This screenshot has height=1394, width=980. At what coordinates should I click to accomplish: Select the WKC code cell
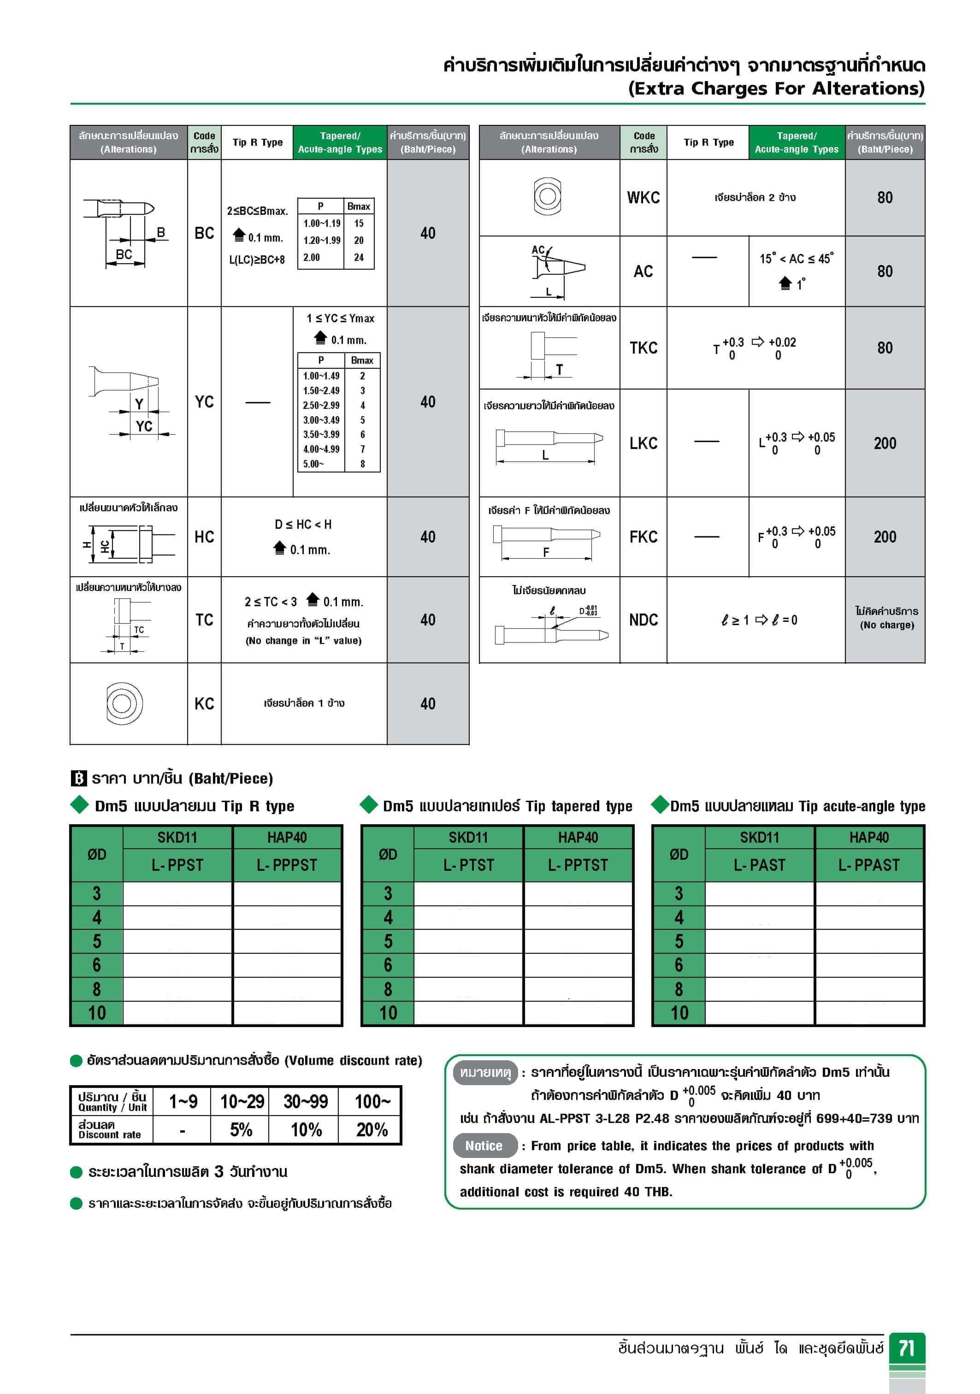tap(643, 197)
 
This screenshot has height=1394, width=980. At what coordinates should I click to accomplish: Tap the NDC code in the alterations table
tap(643, 620)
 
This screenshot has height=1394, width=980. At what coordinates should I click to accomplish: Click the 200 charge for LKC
tap(885, 443)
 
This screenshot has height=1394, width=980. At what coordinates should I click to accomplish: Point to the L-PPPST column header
tap(287, 865)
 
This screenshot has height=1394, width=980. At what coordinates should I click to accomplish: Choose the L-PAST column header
tap(759, 865)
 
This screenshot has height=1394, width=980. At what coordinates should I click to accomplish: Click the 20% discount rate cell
tap(372, 1130)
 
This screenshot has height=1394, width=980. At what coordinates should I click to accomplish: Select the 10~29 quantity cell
tap(242, 1101)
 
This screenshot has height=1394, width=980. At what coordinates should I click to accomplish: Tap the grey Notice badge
tap(484, 1146)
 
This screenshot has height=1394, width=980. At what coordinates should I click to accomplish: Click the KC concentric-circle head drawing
tap(124, 703)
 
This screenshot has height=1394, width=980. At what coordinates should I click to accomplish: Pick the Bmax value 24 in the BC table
tap(359, 257)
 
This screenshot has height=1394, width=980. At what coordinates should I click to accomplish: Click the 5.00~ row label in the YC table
tap(314, 464)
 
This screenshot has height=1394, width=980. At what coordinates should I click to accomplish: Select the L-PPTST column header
tap(578, 865)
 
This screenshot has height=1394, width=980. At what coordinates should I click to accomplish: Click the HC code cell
tap(204, 537)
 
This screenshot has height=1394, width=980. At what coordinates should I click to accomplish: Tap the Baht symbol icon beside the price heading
tap(79, 778)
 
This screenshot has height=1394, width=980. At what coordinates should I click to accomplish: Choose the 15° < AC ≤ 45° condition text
tap(796, 259)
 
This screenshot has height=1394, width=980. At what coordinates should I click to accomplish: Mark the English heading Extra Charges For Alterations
tap(776, 89)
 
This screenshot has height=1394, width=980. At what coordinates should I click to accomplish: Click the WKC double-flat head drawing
tap(547, 195)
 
